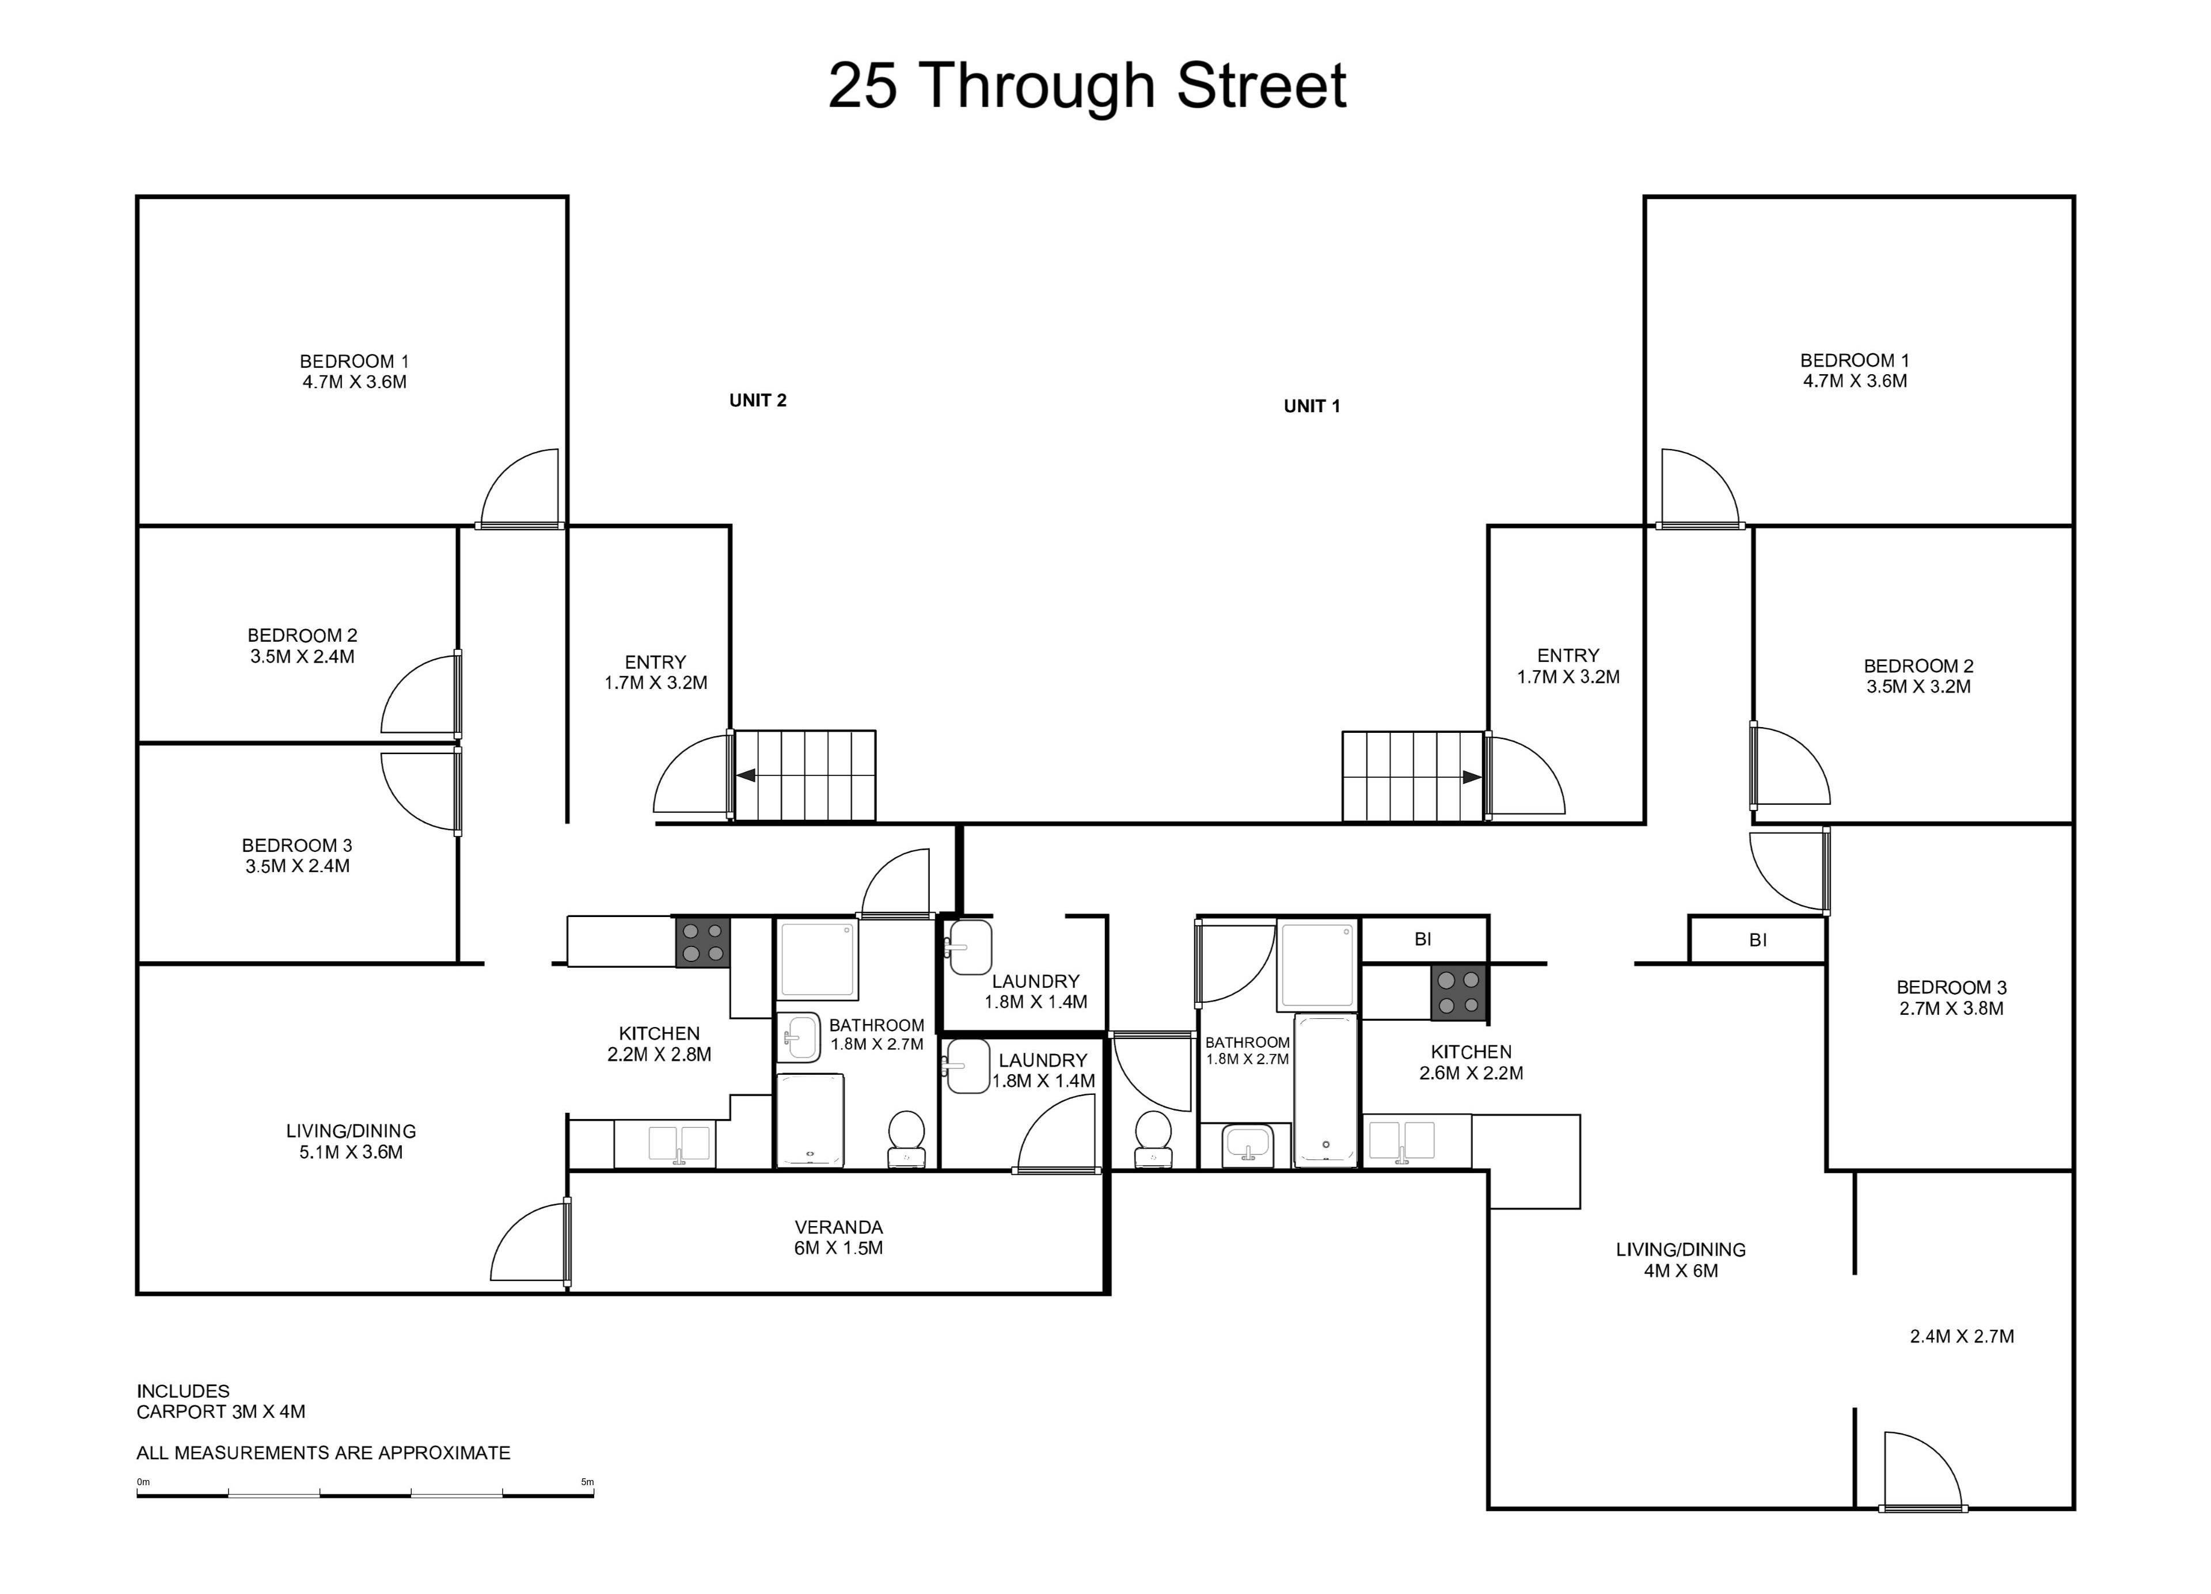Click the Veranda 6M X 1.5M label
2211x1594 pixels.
point(838,1237)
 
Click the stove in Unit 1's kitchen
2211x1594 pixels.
point(1458,992)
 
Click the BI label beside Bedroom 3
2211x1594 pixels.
point(1758,940)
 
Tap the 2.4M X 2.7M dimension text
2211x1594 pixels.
point(1962,1337)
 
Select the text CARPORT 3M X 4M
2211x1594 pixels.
point(221,1412)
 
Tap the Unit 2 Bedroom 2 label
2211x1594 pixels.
point(302,645)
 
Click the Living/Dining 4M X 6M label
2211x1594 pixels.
point(1681,1260)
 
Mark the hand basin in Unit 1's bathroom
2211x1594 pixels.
point(1248,1144)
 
